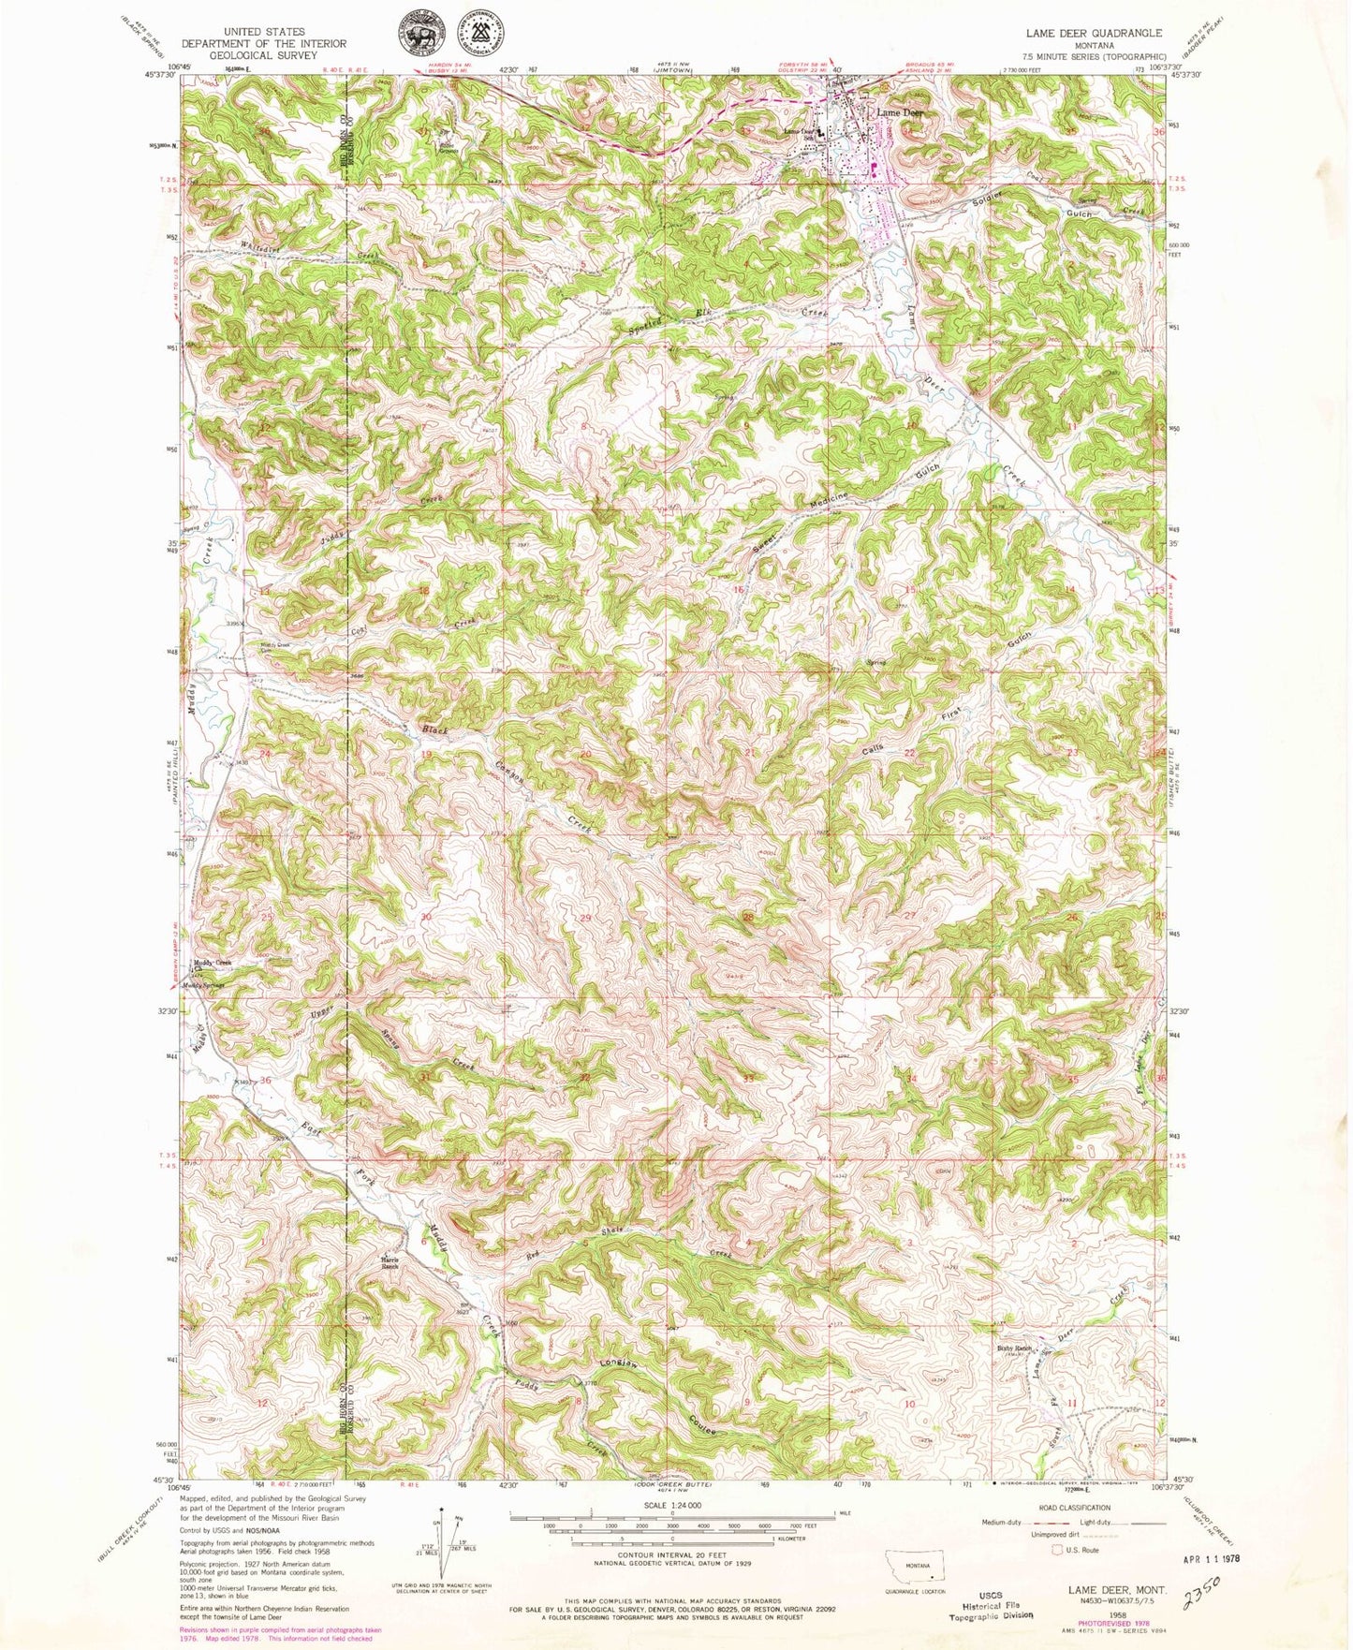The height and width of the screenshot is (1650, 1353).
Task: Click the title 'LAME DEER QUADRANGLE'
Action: tap(1094, 33)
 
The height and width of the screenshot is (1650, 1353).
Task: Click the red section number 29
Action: tap(585, 919)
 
